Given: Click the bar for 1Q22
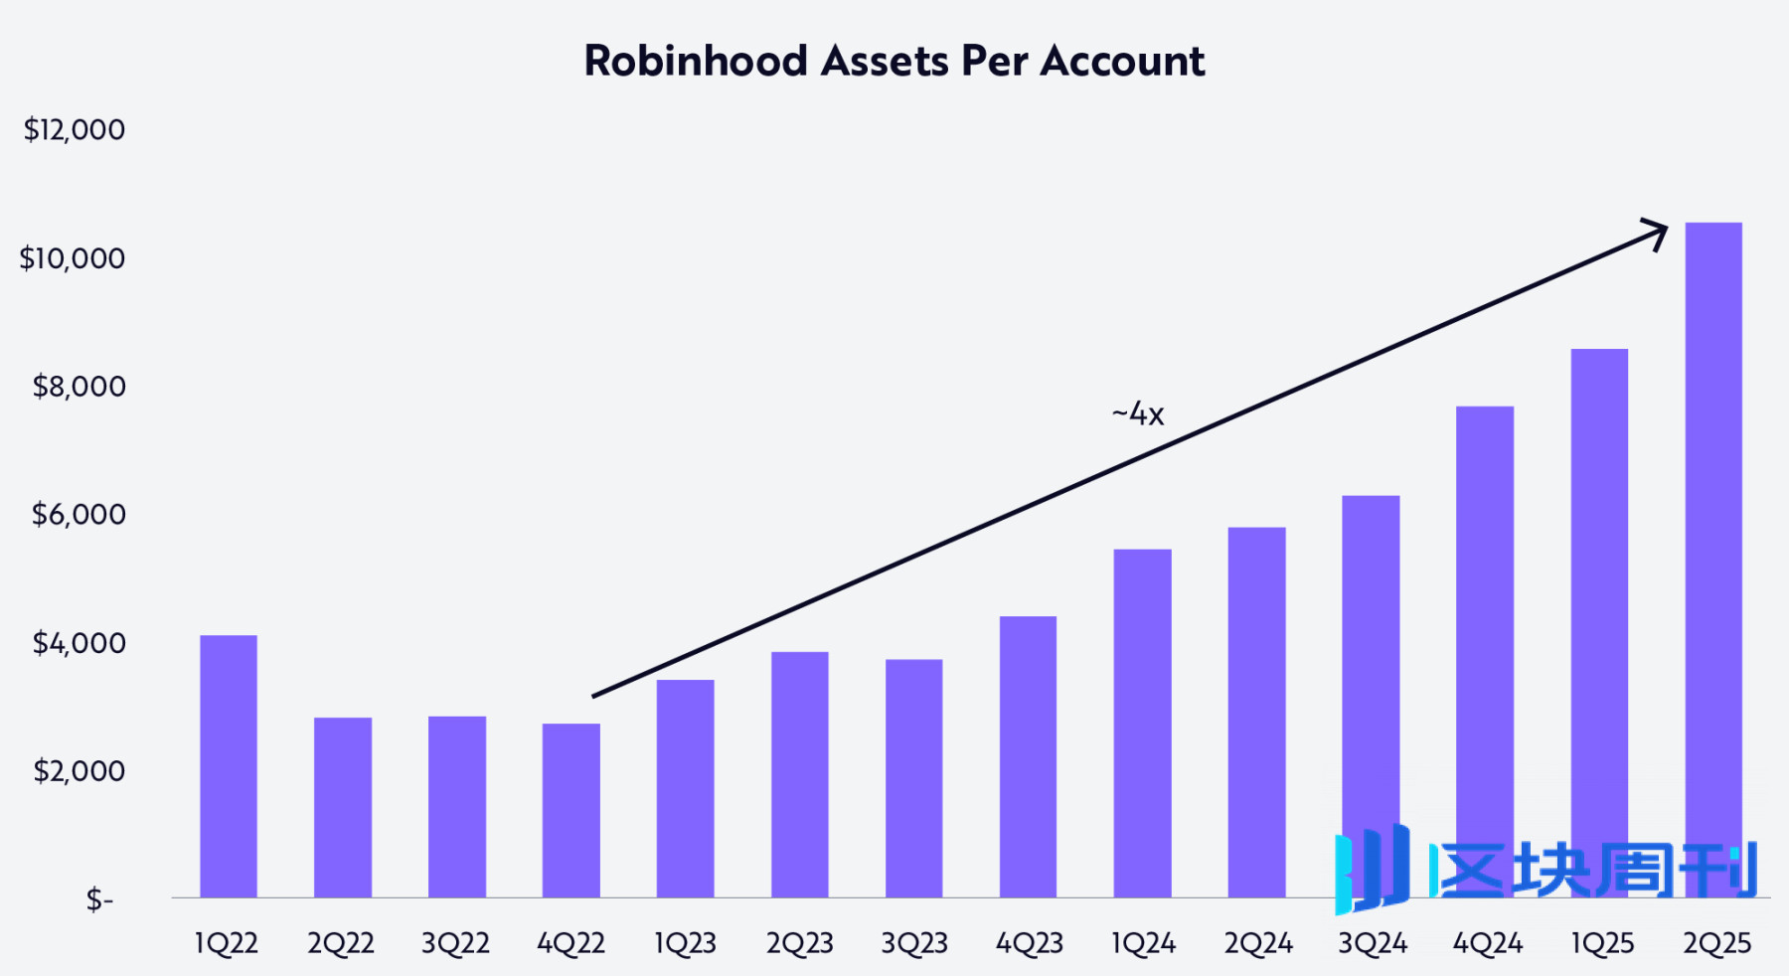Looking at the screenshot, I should pos(229,765).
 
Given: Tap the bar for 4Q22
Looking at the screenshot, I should pos(571,810).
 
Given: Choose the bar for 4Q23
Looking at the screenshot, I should pos(1028,756).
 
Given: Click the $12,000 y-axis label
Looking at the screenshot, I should pos(75,129).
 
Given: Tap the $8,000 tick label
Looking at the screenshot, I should pos(79,386).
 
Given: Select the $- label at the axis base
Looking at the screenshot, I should pos(99,899).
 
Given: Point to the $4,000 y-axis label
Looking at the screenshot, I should pos(79,643).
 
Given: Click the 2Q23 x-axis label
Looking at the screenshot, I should pos(799,943).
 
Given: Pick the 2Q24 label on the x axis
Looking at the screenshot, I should pos(1257,943).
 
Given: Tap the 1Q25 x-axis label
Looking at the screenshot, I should pos(1601,943).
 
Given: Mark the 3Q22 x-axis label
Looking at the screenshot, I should pos(455,943).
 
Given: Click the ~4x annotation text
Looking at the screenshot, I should pos(1138,413).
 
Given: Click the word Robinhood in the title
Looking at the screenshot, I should pos(696,62).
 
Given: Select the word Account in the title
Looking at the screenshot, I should pos(1122,62).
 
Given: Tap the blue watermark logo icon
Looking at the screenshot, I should pos(1372,869).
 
